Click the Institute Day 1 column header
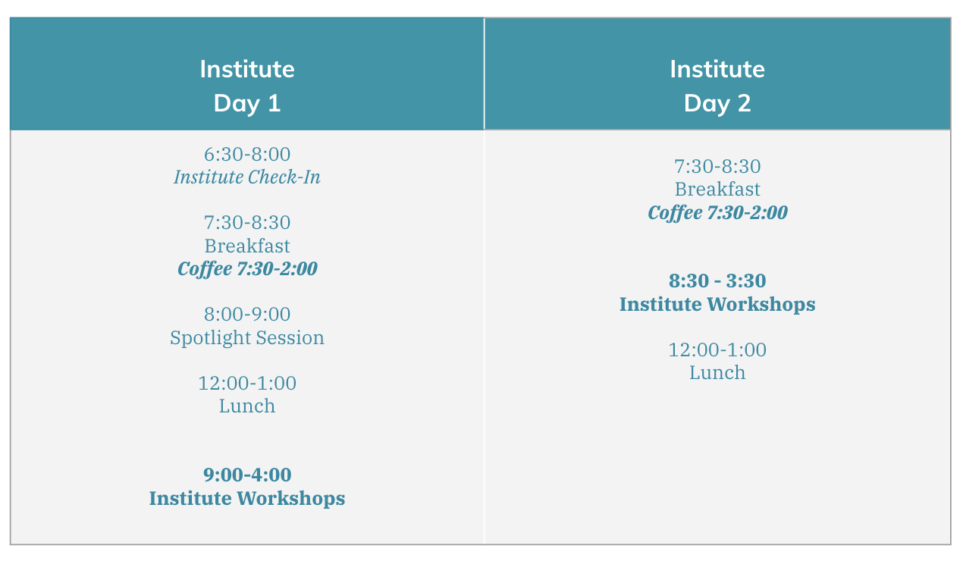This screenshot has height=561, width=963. pyautogui.click(x=247, y=86)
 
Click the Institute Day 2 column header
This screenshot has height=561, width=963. pyautogui.click(x=717, y=86)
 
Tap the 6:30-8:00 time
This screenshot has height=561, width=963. pyautogui.click(x=247, y=155)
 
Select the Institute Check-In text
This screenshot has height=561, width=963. pyautogui.click(x=247, y=177)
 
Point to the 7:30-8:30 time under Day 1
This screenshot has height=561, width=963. pyautogui.click(x=247, y=223)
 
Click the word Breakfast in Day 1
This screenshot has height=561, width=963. pyautogui.click(x=247, y=246)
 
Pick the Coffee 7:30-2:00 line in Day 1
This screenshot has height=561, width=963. pyautogui.click(x=247, y=269)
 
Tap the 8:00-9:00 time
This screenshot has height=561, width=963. pyautogui.click(x=247, y=315)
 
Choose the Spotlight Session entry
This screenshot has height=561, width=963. pyautogui.click(x=247, y=338)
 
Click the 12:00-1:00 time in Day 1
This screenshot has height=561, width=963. pyautogui.click(x=247, y=383)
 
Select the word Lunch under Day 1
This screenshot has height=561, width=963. pyautogui.click(x=247, y=406)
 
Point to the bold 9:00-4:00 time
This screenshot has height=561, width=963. pyautogui.click(x=247, y=475)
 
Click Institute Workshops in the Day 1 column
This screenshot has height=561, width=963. pyautogui.click(x=247, y=499)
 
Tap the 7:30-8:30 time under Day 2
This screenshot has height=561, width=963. pyautogui.click(x=717, y=166)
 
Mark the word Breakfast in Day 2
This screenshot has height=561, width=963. pyautogui.click(x=717, y=190)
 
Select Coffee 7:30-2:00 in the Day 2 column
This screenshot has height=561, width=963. pyautogui.click(x=717, y=213)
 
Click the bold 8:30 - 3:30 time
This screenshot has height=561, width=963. pyautogui.click(x=717, y=280)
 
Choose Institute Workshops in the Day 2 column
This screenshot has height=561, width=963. pyautogui.click(x=717, y=304)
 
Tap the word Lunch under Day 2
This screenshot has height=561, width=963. pyautogui.click(x=717, y=373)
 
